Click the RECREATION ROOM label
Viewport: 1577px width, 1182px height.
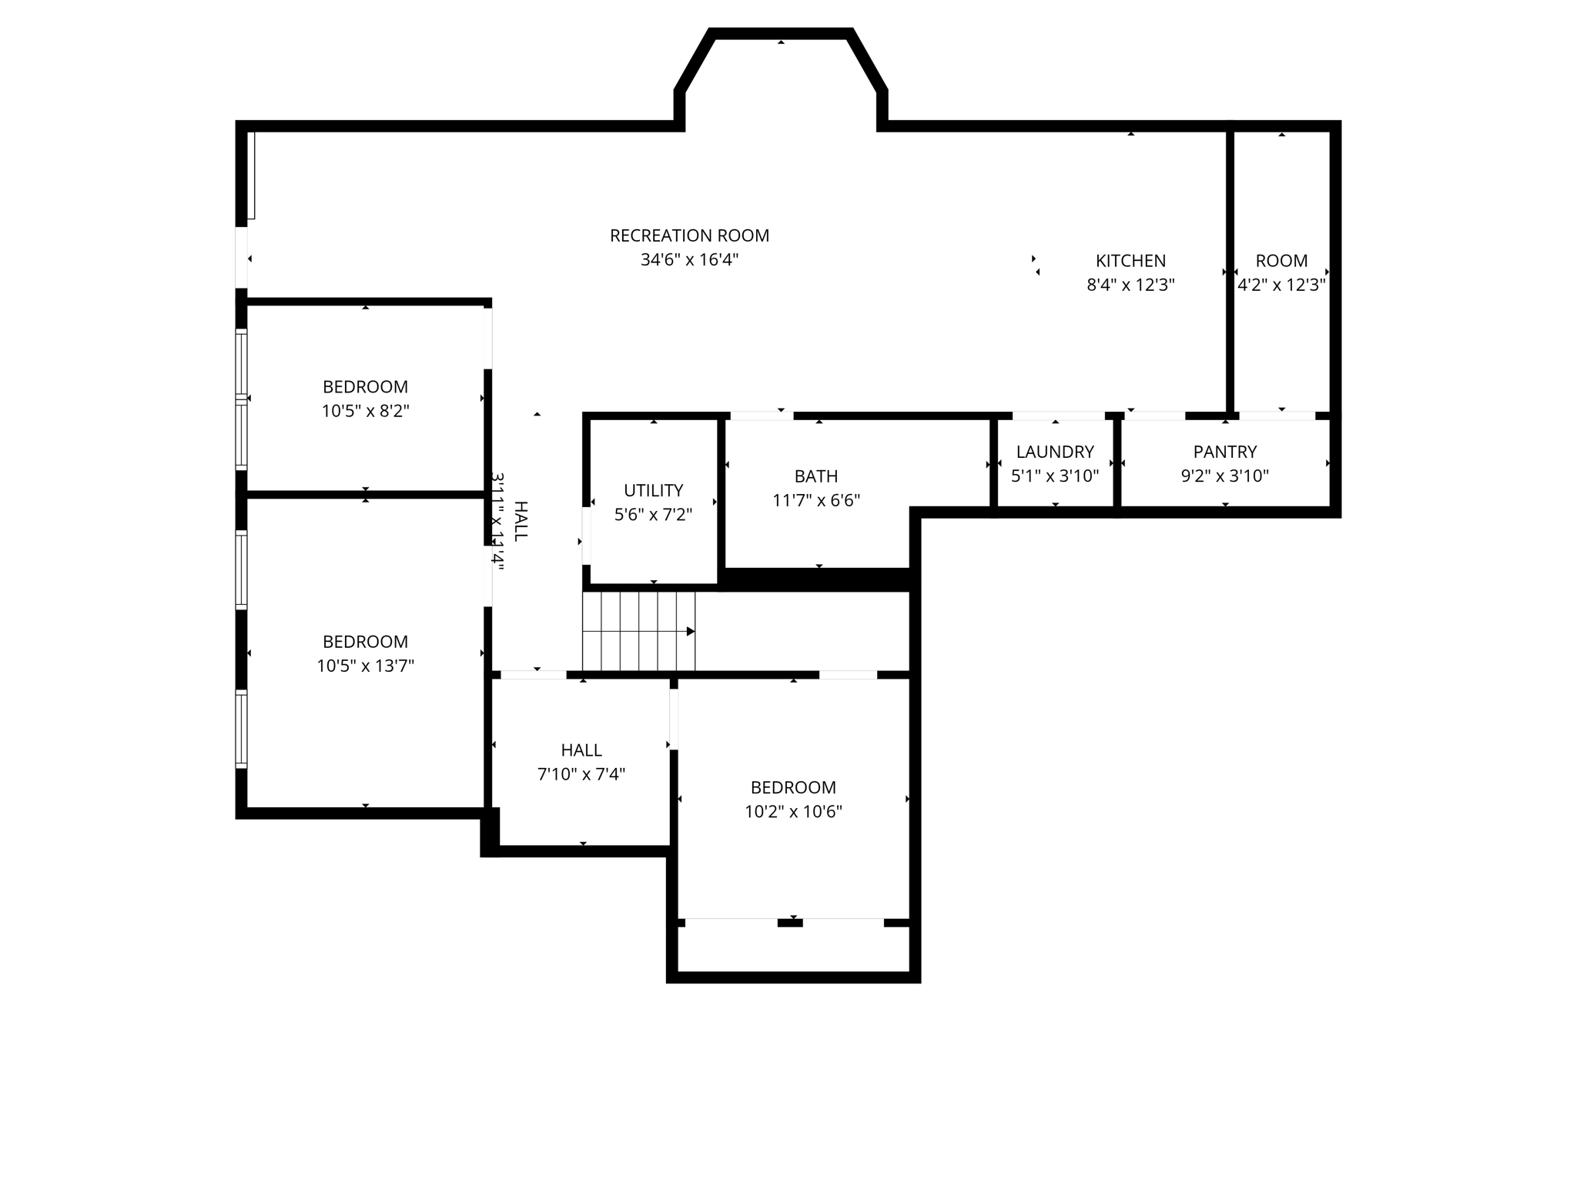tap(689, 235)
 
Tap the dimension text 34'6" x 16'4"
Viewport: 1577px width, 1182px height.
tap(689, 260)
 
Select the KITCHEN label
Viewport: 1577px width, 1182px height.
tap(1130, 261)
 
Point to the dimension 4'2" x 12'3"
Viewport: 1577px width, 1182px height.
tap(1281, 285)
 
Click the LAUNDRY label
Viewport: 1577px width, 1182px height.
tap(1055, 452)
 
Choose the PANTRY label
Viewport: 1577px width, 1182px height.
tap(1224, 452)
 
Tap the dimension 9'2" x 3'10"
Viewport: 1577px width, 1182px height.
tap(1224, 476)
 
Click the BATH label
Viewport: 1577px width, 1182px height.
tap(816, 476)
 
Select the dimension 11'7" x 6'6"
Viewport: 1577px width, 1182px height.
tap(816, 501)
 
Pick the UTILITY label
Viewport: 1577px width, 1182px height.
tap(653, 490)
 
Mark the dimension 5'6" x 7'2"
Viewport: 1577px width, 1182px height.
tap(653, 515)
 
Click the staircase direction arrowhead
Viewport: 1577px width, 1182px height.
tap(691, 632)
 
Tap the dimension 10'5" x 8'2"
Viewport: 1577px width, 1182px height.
tap(365, 411)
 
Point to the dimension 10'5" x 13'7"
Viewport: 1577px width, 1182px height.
tap(365, 666)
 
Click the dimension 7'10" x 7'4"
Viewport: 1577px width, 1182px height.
tap(581, 774)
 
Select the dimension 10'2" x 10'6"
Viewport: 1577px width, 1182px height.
tap(793, 812)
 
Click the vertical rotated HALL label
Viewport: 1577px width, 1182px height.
tap(521, 521)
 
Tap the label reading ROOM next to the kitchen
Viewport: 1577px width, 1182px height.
tap(1281, 261)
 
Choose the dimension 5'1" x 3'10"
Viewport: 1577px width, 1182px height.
tap(1055, 476)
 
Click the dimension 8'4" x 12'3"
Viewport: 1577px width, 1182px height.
tap(1130, 285)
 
